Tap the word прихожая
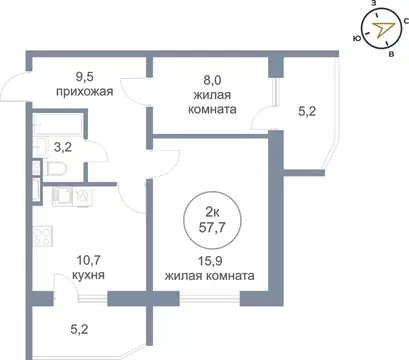tap(83, 91)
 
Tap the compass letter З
tap(373, 5)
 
